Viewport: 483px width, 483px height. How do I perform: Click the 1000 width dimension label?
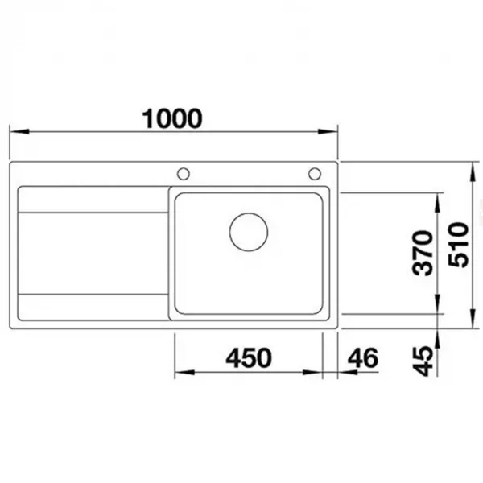172,118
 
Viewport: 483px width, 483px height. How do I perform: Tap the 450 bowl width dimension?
249,358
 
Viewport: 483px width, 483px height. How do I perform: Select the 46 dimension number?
362,358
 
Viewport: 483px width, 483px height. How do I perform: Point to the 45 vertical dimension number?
423,361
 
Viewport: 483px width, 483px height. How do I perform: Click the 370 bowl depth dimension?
423,253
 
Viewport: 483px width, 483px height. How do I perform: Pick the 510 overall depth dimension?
458,245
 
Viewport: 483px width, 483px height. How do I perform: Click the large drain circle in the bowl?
249,232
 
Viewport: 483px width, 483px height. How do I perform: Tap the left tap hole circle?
184,174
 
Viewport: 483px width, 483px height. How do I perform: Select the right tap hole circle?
315,174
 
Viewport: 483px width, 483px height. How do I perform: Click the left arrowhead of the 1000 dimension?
19,131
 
